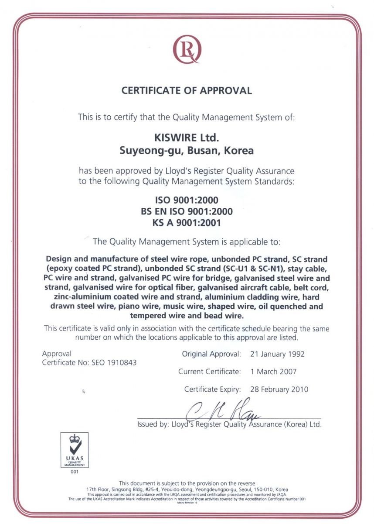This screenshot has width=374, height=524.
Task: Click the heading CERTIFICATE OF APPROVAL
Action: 187,91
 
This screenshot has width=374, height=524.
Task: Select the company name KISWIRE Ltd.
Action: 187,138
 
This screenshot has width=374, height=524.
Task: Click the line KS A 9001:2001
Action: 187,223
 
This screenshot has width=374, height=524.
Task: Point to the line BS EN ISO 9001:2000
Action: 187,212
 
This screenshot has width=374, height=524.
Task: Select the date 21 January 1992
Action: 277,354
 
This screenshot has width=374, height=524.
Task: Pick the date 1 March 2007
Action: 273,372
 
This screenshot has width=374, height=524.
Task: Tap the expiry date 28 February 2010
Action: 279,389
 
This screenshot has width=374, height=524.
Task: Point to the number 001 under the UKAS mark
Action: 74,471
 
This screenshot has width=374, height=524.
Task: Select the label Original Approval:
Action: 211,354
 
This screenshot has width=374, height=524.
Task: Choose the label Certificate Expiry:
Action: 212,389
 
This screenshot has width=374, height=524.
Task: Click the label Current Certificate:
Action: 209,372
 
